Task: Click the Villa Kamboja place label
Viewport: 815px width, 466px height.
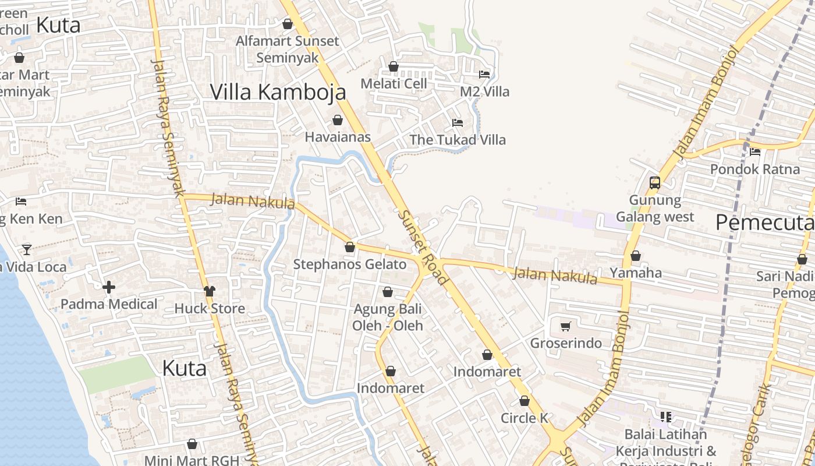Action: pos(278,92)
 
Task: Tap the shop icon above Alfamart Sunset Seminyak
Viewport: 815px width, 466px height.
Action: pos(287,24)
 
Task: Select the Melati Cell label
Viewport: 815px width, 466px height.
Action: pos(394,83)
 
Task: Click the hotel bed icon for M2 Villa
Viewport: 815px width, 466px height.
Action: pos(484,74)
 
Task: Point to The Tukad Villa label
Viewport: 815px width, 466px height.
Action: pos(457,140)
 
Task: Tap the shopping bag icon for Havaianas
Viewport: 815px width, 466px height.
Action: pos(337,121)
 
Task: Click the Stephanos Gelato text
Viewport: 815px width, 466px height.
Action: pos(349,264)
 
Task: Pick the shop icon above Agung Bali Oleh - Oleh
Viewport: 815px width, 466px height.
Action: pos(388,292)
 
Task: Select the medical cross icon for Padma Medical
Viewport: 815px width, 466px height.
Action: pos(108,287)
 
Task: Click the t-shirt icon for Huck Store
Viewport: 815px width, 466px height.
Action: pos(209,291)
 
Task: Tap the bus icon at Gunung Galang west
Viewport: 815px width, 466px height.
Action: pos(655,183)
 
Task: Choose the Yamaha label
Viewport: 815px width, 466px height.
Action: pos(635,273)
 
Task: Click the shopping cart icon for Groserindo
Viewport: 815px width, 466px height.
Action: pos(565,326)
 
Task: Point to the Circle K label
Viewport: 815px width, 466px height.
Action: pos(525,418)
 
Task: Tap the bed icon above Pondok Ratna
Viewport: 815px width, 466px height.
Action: pos(755,152)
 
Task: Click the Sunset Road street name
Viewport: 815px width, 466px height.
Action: pos(423,248)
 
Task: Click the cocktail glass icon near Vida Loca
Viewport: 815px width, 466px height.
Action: pos(27,250)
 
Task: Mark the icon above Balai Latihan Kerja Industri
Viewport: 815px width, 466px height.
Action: pos(666,417)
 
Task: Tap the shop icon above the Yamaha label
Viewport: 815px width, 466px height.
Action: pos(635,256)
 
